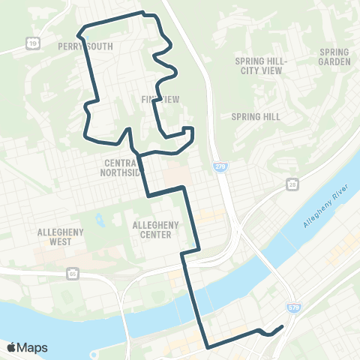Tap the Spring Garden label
click(334, 56)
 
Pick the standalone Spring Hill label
click(256, 116)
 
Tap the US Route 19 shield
click(32, 45)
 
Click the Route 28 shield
click(292, 184)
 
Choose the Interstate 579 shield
click(293, 307)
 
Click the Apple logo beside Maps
click(12, 347)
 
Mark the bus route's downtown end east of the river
click(282, 326)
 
